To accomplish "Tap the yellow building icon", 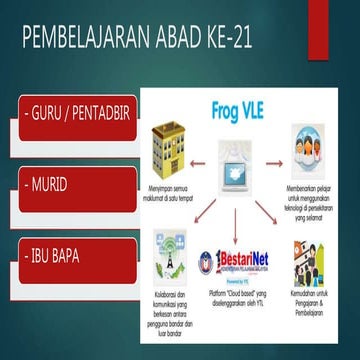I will [x=171, y=150].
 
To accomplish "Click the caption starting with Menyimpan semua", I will [x=173, y=188].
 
